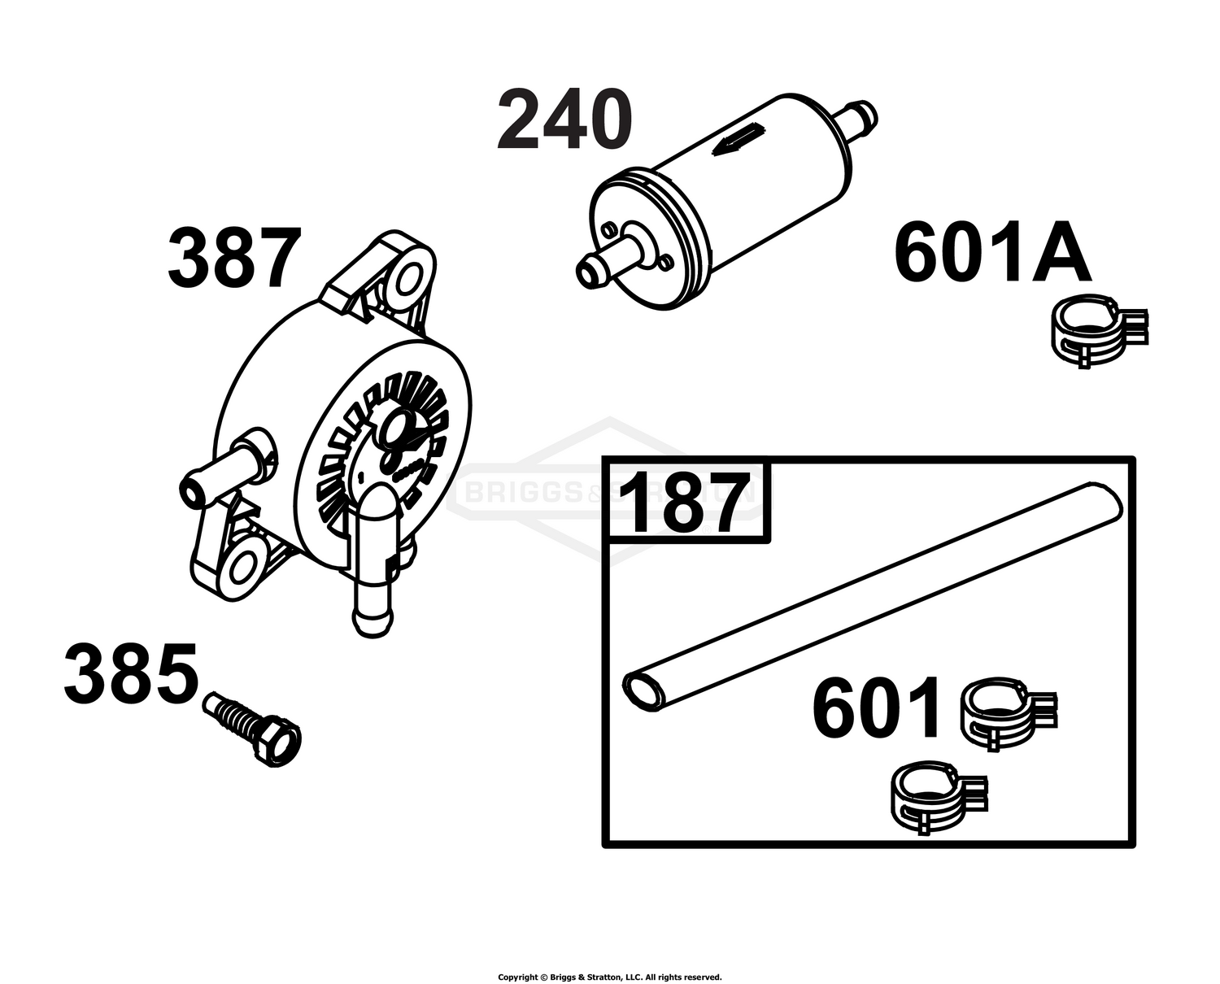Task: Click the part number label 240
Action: pos(564,120)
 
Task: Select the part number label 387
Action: pos(235,258)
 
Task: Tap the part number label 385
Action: pos(132,673)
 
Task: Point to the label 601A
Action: pos(992,251)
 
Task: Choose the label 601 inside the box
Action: pos(875,707)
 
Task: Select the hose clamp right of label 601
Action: pos(1009,713)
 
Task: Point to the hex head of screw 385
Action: pos(276,742)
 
